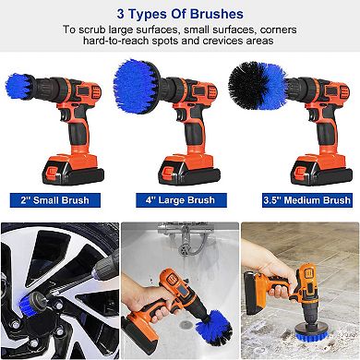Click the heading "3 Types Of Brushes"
tap(180, 15)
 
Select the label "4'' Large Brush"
tap(181, 199)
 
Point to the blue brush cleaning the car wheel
tap(18, 333)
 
